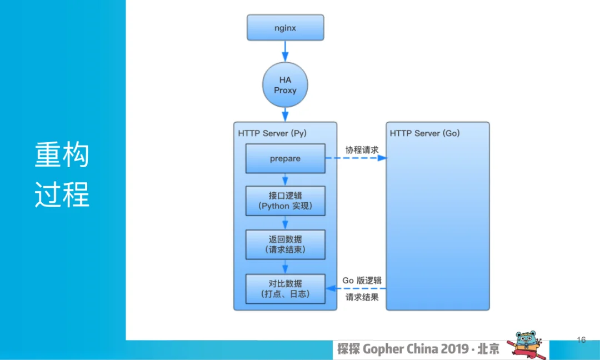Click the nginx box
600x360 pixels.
[x=286, y=28]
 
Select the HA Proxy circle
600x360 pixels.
[x=285, y=85]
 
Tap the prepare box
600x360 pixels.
[x=286, y=158]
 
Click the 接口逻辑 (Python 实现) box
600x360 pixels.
[x=286, y=201]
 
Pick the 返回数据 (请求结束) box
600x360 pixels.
[x=286, y=244]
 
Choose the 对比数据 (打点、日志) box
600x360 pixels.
[x=286, y=289]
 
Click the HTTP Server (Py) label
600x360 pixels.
[x=272, y=133]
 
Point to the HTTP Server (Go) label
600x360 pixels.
[x=425, y=133]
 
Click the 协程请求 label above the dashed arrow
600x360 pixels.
[x=362, y=150]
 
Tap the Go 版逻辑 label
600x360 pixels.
[x=362, y=281]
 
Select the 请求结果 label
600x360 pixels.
[x=362, y=297]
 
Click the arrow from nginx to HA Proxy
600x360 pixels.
[x=285, y=51]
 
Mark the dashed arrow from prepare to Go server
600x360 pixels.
[x=356, y=158]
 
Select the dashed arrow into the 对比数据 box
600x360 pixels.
[x=356, y=288]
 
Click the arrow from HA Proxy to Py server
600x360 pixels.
[x=285, y=115]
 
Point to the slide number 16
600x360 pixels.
[x=581, y=340]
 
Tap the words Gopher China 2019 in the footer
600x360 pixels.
[x=416, y=349]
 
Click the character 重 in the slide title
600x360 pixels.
[x=48, y=154]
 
